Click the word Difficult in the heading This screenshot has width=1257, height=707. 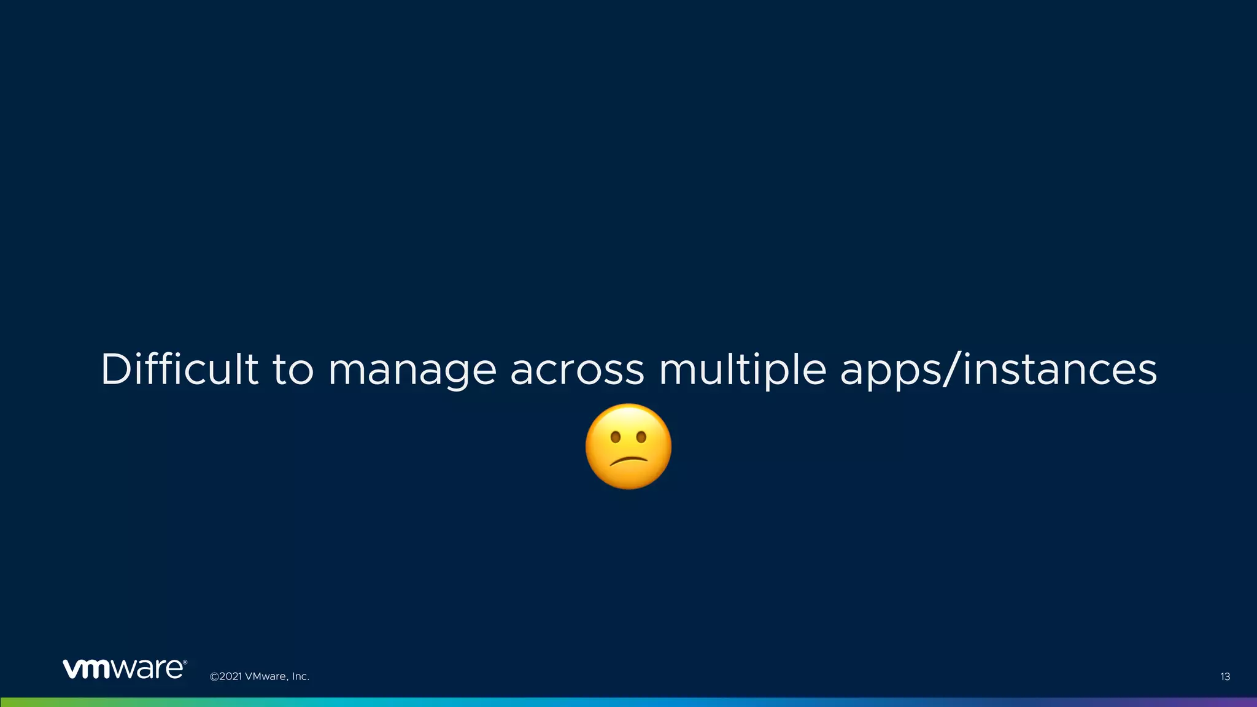pos(179,369)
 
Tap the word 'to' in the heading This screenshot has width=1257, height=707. pos(293,369)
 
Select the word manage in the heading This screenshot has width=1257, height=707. pos(412,371)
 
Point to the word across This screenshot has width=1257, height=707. pos(577,371)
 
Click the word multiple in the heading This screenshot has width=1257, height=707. pos(742,371)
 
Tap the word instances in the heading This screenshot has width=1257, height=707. pos(1059,369)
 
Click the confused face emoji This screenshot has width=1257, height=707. pos(628,446)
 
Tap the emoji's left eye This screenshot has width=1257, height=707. pos(614,438)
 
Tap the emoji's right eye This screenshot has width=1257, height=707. pos(641,438)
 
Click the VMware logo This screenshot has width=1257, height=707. pos(123,669)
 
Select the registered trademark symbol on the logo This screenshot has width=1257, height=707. pos(185,662)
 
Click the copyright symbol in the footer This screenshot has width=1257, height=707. pos(214,677)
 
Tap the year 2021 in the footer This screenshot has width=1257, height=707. pos(230,677)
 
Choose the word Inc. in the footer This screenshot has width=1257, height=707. pos(300,677)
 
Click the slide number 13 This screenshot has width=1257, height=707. pos(1224,677)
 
